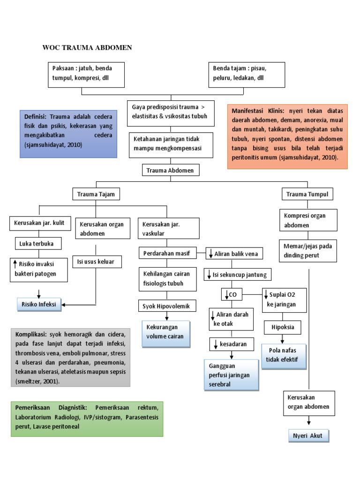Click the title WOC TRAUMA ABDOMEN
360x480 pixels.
87,47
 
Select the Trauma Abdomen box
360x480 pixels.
171,171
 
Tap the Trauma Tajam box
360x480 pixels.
96,194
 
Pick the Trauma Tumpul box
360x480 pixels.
307,194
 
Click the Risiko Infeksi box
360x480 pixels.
38,304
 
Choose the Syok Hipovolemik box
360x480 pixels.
167,306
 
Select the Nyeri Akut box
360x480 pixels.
308,436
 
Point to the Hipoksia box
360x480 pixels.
283,327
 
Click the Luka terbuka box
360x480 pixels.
37,244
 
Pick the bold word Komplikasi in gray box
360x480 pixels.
30,335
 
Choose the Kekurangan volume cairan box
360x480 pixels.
166,331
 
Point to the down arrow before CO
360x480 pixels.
226,294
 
